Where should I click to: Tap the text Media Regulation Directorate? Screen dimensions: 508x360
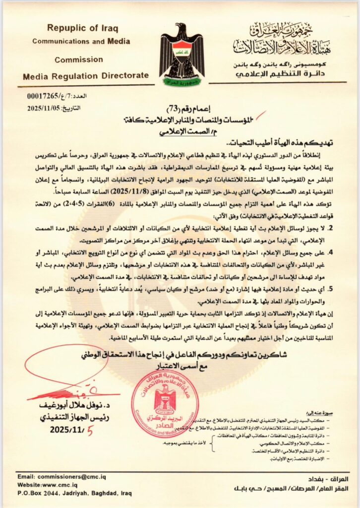86,75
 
